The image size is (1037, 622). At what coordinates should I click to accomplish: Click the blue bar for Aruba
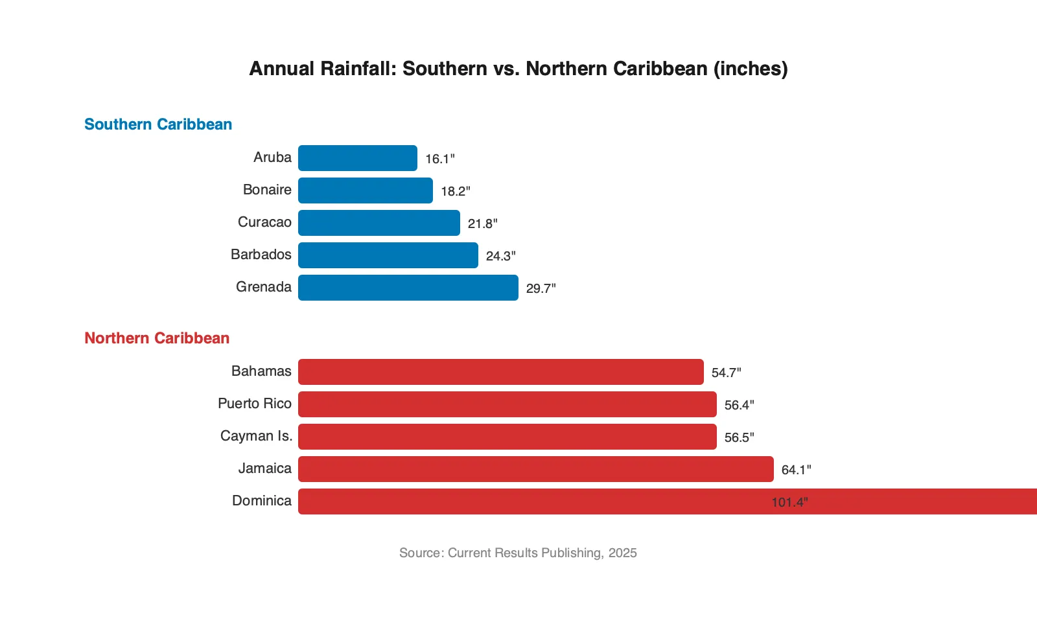coord(357,158)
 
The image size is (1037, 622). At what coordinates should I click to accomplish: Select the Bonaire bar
coord(365,190)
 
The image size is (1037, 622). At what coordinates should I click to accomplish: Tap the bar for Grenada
coord(408,288)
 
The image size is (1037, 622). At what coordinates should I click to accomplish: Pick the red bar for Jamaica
coord(535,469)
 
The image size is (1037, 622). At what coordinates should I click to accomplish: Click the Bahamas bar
coord(500,372)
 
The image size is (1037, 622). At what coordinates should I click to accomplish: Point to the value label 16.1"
coord(440,159)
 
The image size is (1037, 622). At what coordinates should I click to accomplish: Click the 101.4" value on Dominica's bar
coord(789,502)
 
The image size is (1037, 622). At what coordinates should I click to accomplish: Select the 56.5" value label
coord(739,437)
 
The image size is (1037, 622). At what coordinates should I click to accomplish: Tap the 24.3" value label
coord(500,256)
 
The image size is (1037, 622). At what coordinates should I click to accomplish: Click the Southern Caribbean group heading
coord(158,124)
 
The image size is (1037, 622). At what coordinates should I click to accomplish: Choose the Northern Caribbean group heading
coord(157,338)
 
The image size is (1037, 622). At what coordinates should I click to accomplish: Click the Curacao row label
coord(264,222)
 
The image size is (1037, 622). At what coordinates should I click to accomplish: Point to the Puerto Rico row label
coord(255,404)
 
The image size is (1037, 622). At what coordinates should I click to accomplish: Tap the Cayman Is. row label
coord(256,436)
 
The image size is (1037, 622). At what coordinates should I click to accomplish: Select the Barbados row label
coord(261,255)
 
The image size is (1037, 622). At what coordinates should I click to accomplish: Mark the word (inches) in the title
coord(751,69)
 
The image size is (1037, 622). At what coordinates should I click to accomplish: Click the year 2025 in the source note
coord(622,553)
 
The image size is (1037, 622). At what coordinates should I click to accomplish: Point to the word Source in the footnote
coord(420,553)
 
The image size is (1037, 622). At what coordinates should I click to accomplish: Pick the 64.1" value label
coord(796,470)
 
